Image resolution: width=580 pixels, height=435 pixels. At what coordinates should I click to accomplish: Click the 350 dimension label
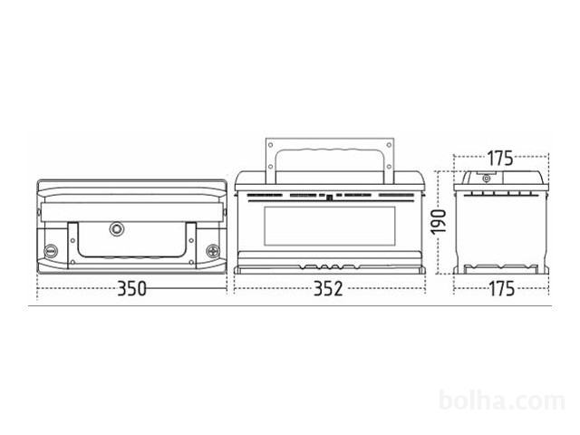coord(131,288)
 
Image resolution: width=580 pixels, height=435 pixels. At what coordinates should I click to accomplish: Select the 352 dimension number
coord(328,288)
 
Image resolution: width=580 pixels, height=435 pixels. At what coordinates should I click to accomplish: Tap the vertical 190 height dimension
coord(439,222)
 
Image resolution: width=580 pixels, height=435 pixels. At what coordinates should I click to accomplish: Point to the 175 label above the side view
coord(500,159)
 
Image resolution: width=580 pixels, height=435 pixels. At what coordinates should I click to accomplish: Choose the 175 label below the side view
coord(501,288)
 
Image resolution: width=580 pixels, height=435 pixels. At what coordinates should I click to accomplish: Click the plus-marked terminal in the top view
coord(213,251)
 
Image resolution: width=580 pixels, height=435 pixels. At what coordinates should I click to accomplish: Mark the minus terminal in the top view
coord(51,251)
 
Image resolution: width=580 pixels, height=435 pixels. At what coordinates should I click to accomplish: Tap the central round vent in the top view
coord(117,229)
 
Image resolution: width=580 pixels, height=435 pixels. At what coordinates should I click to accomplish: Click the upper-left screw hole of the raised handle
coord(270,145)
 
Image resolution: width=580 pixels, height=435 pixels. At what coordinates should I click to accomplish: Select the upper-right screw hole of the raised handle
coord(389,145)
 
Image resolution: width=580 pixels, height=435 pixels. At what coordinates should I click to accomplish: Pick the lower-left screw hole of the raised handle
coord(270,167)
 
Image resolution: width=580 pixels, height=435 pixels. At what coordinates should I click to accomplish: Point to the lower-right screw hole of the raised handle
coord(389,167)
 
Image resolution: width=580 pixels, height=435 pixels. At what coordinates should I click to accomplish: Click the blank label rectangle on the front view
coord(330,226)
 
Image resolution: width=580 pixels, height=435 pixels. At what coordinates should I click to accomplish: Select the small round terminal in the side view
coord(486,179)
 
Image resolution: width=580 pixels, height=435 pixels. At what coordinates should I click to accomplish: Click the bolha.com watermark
coord(502,401)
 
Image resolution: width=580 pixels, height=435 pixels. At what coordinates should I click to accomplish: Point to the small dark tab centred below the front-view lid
coord(330,198)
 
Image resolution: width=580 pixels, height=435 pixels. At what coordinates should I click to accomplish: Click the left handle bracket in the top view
coord(72,245)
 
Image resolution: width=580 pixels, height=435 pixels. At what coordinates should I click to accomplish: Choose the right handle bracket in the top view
coord(191,245)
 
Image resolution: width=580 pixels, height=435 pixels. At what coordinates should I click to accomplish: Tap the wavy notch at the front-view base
coord(329,266)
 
